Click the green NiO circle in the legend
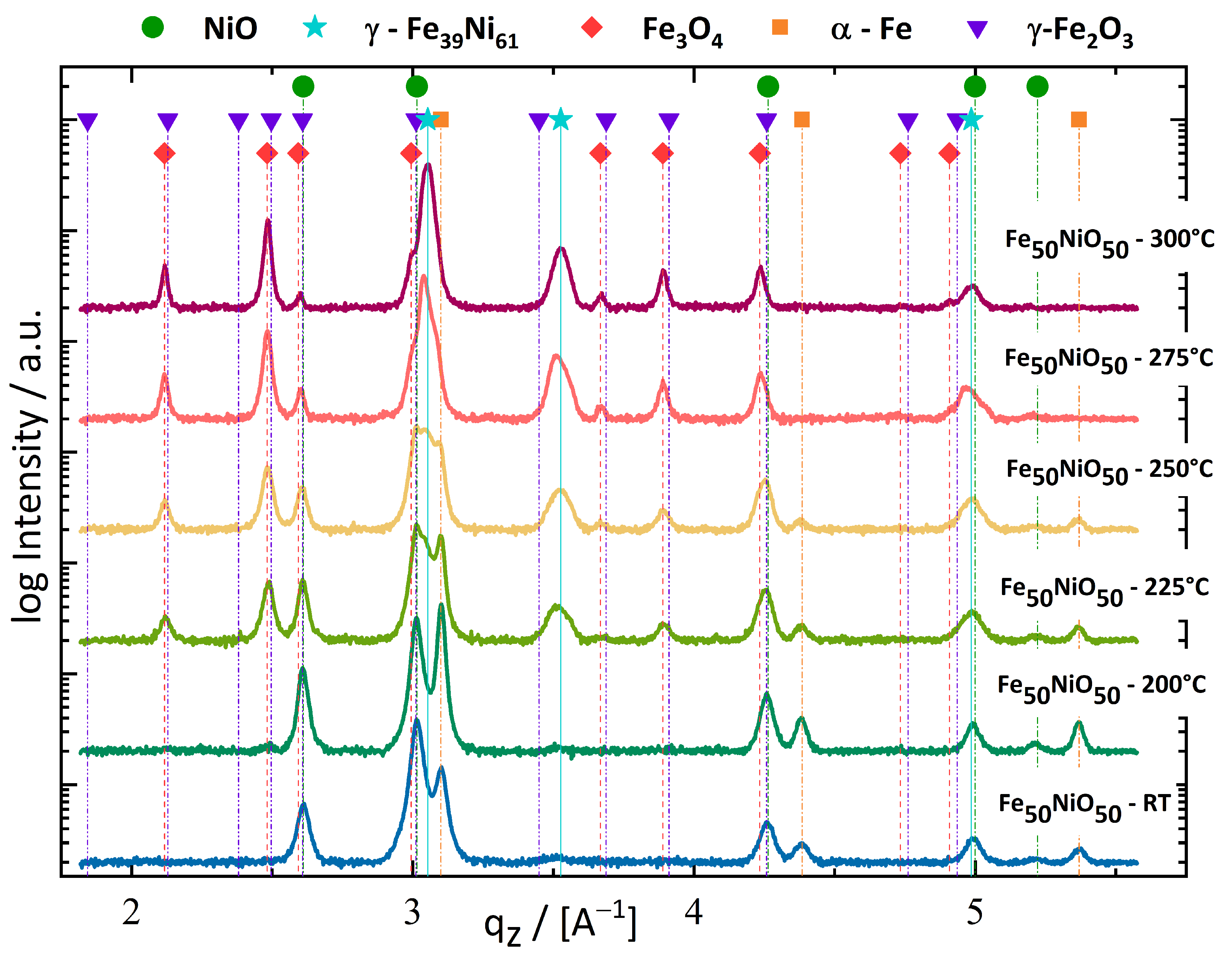(x=153, y=27)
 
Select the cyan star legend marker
(x=315, y=27)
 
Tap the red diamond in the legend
(x=592, y=27)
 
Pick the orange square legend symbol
(x=780, y=27)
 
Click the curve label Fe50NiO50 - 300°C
(x=1109, y=243)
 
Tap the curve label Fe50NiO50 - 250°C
(x=1109, y=471)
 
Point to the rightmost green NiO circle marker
(x=1037, y=87)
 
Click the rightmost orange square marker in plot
(x=1079, y=120)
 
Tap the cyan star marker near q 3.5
(x=560, y=119)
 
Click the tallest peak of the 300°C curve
(x=429, y=165)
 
